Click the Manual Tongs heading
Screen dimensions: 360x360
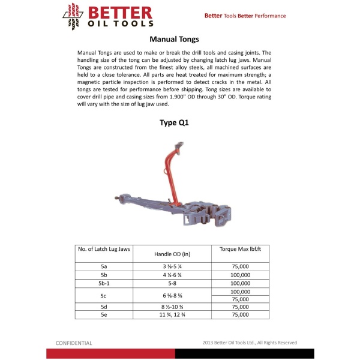pyautogui.click(x=179, y=39)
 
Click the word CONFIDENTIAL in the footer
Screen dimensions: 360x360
pyautogui.click(x=74, y=343)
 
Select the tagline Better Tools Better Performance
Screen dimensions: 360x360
pyautogui.click(x=245, y=16)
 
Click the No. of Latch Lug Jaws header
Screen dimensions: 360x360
pyautogui.click(x=104, y=248)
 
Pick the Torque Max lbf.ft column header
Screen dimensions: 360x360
pyautogui.click(x=240, y=248)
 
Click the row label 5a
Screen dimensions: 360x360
pyautogui.click(x=104, y=266)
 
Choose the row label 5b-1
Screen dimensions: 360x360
pyautogui.click(x=104, y=283)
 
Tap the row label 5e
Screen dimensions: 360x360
pyautogui.click(x=104, y=314)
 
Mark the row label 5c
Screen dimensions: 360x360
pyautogui.click(x=104, y=295)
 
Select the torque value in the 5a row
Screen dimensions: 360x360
pyautogui.click(x=240, y=266)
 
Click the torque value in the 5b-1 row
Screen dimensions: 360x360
pyautogui.click(x=240, y=283)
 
